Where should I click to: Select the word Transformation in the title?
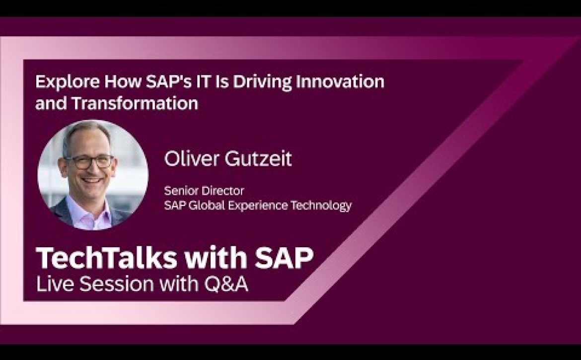(x=135, y=103)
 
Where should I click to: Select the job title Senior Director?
(x=204, y=191)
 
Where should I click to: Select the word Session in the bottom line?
(x=117, y=285)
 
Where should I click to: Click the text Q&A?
(x=226, y=285)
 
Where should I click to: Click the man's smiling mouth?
(x=91, y=181)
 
